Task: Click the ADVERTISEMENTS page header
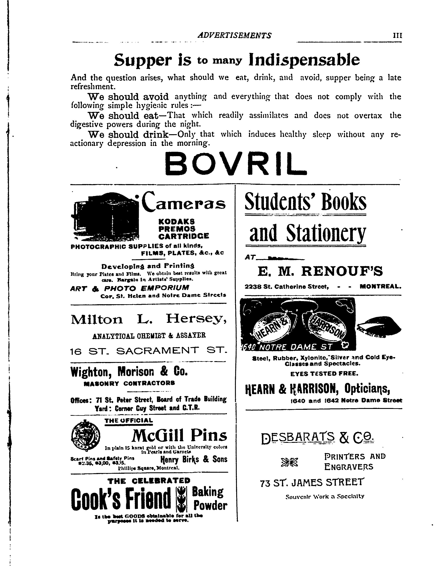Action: (234, 35)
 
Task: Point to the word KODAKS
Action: (177, 221)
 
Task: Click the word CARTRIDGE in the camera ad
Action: (183, 236)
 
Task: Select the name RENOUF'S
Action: (342, 272)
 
